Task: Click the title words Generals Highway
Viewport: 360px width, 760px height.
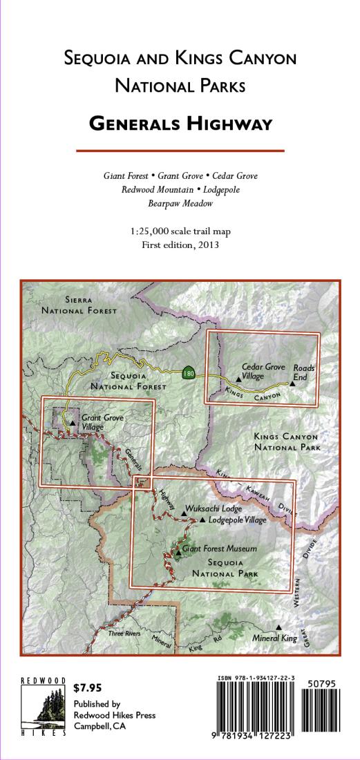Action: (x=180, y=124)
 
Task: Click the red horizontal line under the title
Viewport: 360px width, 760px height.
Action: (x=180, y=150)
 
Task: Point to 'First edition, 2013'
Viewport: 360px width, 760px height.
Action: (x=180, y=245)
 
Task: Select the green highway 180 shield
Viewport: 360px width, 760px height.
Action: (x=189, y=373)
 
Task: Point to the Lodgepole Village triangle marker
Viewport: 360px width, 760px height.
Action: (x=202, y=520)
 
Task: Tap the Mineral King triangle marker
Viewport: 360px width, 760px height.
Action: (x=278, y=627)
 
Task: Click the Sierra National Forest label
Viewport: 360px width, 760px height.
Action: (x=79, y=305)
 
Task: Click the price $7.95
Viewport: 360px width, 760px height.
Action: (x=88, y=687)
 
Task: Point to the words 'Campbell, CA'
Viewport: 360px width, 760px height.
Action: (x=99, y=726)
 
